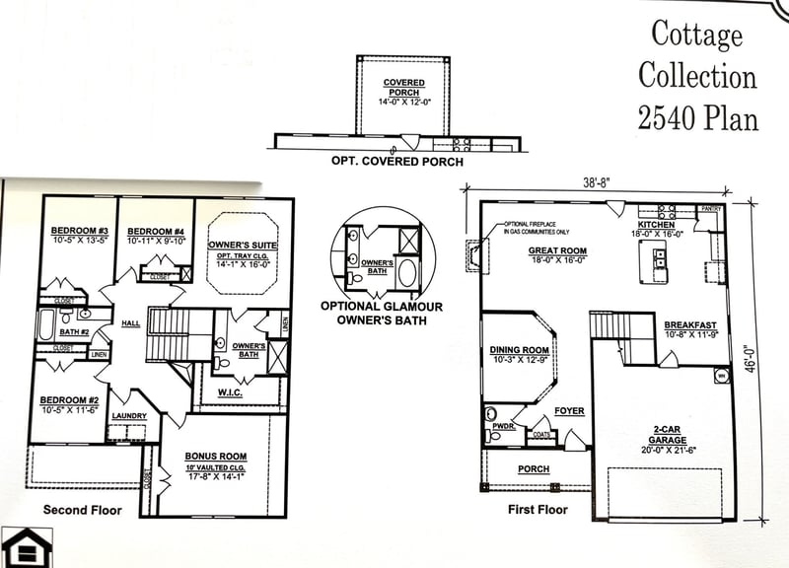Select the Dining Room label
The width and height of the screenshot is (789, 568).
click(x=519, y=350)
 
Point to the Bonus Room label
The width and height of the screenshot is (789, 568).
click(x=214, y=456)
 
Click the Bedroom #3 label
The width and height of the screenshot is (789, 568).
click(x=78, y=232)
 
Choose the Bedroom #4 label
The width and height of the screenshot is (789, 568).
click(x=156, y=232)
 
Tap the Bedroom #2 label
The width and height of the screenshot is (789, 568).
click(x=67, y=401)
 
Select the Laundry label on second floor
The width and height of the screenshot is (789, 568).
click(x=129, y=416)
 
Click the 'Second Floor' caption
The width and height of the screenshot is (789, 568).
click(x=82, y=510)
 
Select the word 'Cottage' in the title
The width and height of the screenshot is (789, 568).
click(x=696, y=35)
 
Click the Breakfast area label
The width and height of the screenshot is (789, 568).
click(x=689, y=325)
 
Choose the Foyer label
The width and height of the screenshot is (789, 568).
click(x=569, y=410)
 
